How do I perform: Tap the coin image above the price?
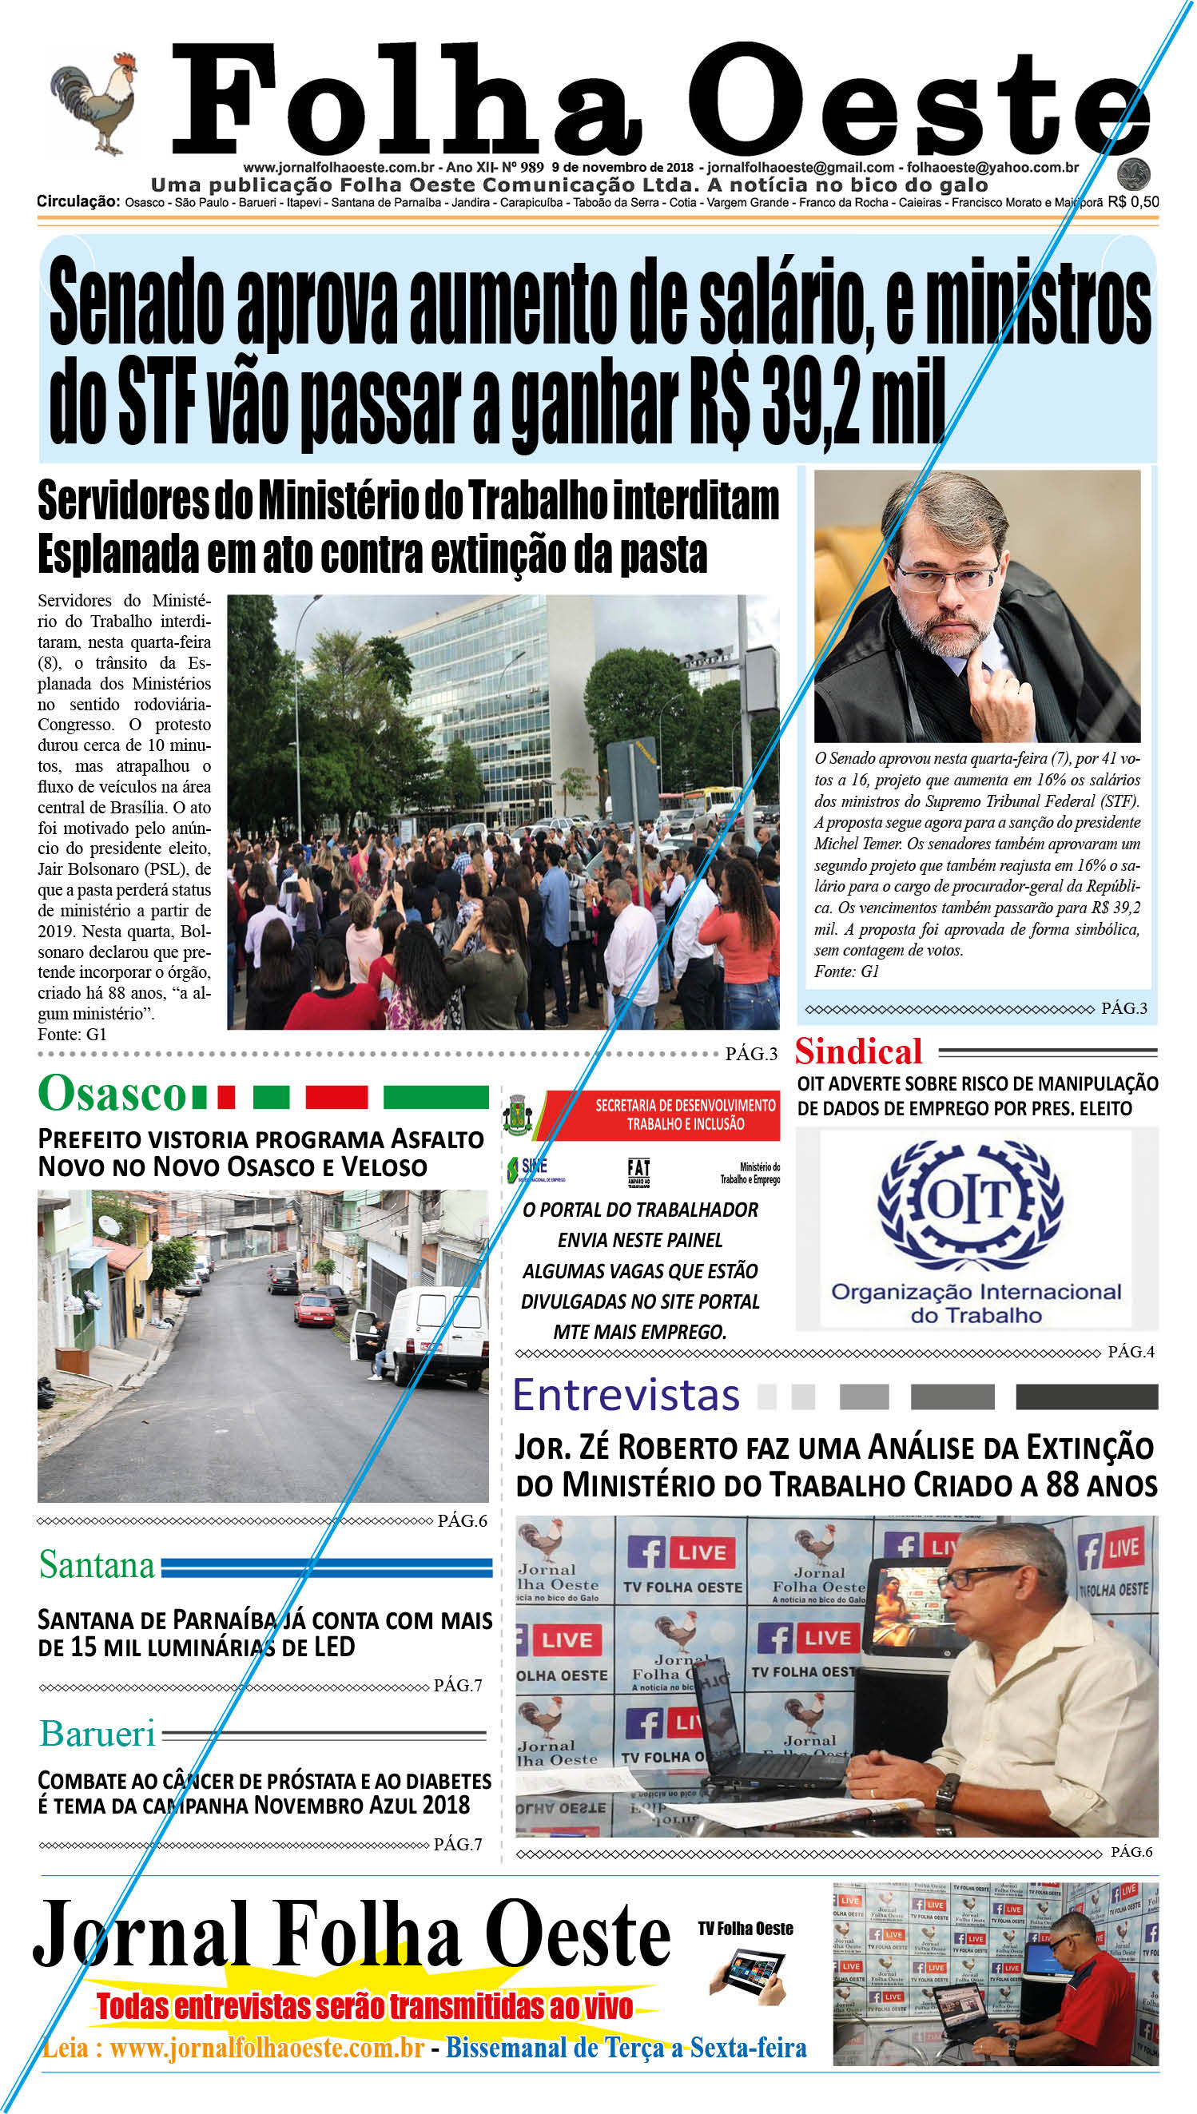coord(1134,174)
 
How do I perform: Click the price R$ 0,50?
coord(1133,202)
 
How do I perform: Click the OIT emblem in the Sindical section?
coord(970,1202)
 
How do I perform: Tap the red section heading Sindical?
coord(858,1052)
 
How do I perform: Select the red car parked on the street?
coord(314,1309)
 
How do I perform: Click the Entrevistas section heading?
coord(626,1396)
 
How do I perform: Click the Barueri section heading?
coord(97,1735)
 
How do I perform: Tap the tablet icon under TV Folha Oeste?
coord(752,1975)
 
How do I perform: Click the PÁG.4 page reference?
coord(1131,1352)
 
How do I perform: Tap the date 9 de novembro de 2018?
coord(622,168)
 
